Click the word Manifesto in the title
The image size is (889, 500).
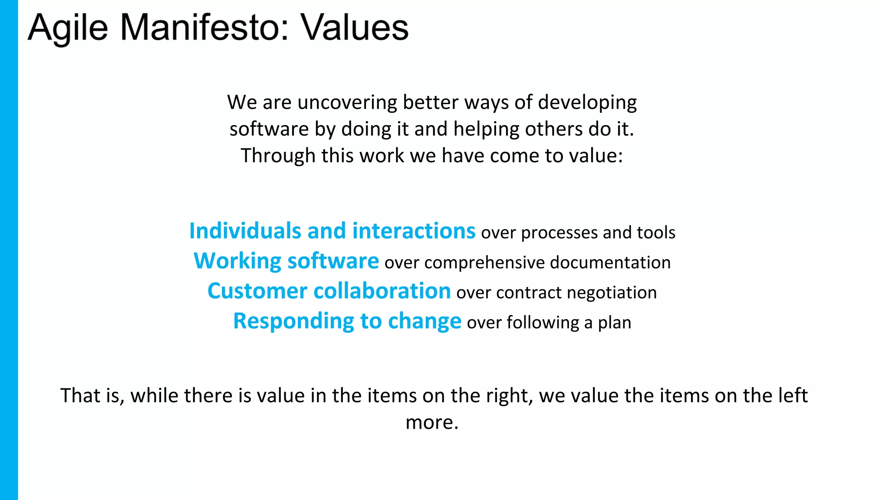(x=203, y=28)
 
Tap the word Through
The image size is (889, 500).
(x=278, y=156)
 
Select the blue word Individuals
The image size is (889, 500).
(x=245, y=231)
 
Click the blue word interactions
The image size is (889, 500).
(x=414, y=231)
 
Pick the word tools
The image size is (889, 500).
(x=656, y=233)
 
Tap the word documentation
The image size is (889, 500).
(x=610, y=263)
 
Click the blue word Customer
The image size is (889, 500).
(x=257, y=291)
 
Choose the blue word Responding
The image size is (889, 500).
(x=293, y=322)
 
